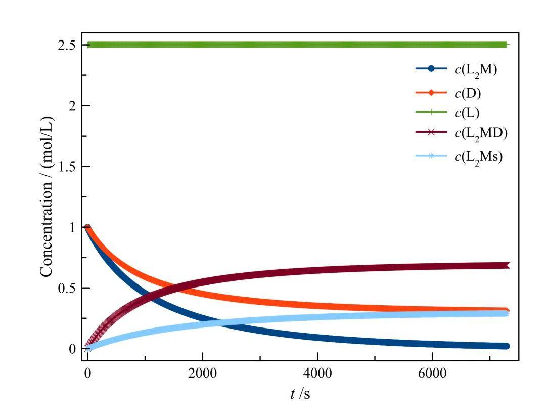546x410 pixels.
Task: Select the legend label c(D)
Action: pyautogui.click(x=468, y=93)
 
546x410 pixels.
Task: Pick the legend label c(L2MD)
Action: pyautogui.click(x=481, y=133)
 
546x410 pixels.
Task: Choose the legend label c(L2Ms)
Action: pyautogui.click(x=478, y=156)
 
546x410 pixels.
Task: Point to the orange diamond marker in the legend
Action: pyautogui.click(x=431, y=93)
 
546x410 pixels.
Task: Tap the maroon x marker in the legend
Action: pyautogui.click(x=431, y=132)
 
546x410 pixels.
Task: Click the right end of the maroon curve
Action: pyautogui.click(x=507, y=265)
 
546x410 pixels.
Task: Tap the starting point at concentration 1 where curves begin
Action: pyautogui.click(x=87, y=227)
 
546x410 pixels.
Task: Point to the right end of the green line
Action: pyautogui.click(x=507, y=45)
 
